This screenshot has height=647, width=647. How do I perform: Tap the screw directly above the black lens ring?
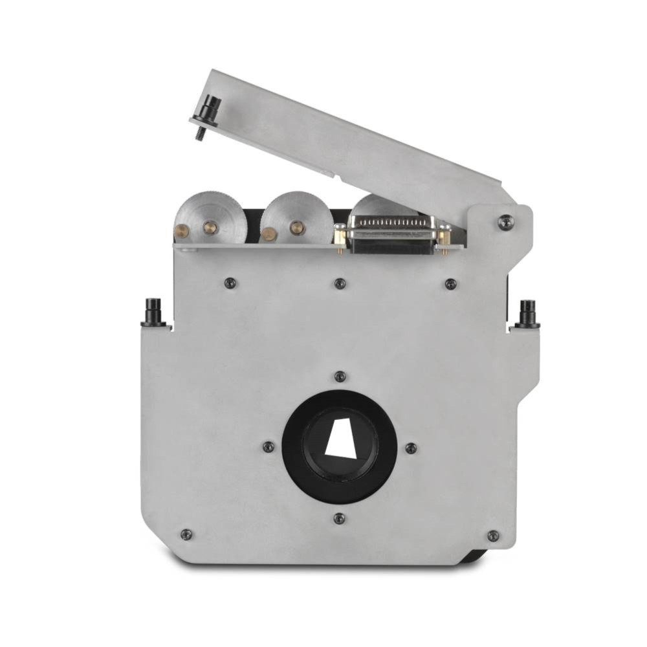(340, 377)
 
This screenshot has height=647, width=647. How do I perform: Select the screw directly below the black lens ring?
(339, 518)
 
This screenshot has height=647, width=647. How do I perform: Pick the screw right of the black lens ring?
(410, 448)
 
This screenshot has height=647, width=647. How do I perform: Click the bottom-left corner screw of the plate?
(186, 534)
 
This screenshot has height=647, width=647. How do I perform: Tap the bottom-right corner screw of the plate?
(493, 536)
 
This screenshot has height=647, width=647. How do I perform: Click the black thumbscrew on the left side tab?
(153, 313)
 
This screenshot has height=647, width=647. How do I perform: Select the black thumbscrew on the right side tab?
(527, 314)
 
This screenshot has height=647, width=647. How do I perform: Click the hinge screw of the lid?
(506, 222)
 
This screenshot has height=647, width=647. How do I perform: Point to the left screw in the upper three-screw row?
(229, 283)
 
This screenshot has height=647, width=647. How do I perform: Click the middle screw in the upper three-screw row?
(340, 283)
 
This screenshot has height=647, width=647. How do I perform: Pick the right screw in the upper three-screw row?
(451, 283)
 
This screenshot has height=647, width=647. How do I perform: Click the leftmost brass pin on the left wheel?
(182, 230)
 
